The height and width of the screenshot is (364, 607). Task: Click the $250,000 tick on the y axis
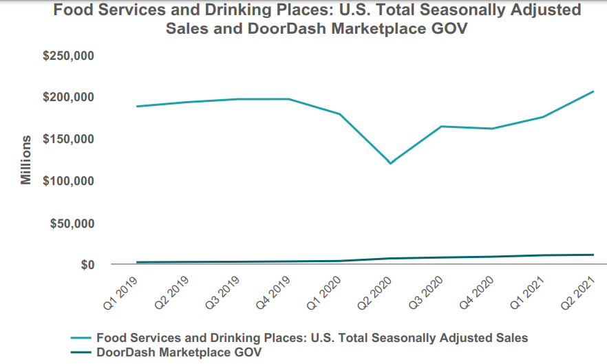coord(69,55)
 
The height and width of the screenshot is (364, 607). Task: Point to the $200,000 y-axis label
coord(69,97)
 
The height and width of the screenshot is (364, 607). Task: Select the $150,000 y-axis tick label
coord(69,139)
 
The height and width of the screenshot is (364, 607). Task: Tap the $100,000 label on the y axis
coord(69,181)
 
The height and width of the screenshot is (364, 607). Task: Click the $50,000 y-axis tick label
coord(72,223)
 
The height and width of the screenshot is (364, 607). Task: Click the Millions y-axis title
coord(25,160)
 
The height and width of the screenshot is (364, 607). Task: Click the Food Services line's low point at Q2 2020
coord(391,163)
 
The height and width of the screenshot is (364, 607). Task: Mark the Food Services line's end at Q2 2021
coord(593,92)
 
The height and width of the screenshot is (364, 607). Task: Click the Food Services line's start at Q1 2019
coord(138,106)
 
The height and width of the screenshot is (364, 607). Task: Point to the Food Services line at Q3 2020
coord(441,127)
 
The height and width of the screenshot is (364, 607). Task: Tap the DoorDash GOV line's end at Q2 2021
coord(593,255)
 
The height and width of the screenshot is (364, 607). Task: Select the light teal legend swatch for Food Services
coord(81,338)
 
